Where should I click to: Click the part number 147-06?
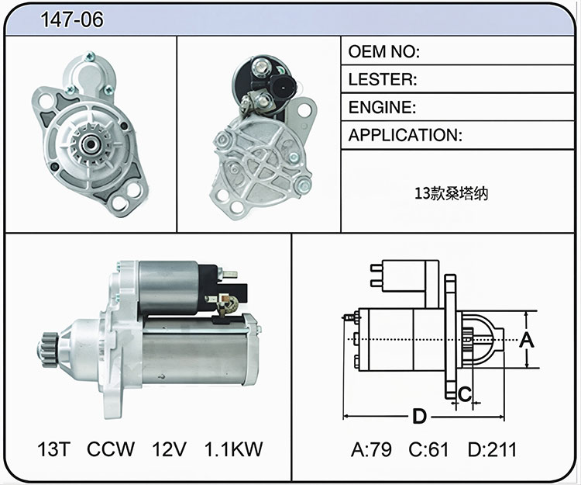(x=72, y=19)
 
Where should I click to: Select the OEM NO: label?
(x=384, y=51)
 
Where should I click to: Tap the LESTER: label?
(x=383, y=79)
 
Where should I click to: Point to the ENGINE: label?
(x=382, y=107)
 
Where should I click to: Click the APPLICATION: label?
(x=405, y=135)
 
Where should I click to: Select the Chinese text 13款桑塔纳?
(x=451, y=193)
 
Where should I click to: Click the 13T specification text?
(x=53, y=449)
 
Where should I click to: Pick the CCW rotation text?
(x=111, y=449)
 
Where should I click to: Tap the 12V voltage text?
(x=169, y=449)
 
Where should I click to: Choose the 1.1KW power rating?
(x=233, y=449)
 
